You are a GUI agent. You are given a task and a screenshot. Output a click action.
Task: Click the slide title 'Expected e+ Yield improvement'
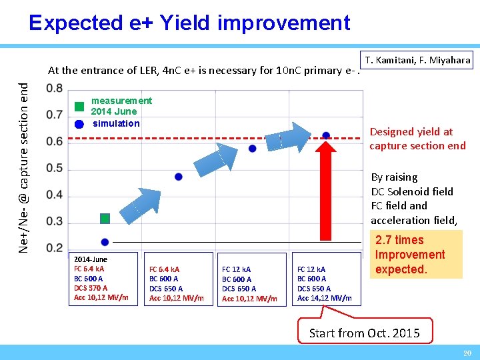[189, 23]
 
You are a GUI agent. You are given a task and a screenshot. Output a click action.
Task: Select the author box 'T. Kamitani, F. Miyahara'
[417, 61]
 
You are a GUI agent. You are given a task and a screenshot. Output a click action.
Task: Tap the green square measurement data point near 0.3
[105, 219]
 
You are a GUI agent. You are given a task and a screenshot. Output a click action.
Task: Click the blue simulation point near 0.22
[105, 241]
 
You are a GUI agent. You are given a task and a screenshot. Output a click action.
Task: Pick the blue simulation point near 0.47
[179, 177]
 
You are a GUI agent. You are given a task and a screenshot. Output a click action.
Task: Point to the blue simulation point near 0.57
[252, 149]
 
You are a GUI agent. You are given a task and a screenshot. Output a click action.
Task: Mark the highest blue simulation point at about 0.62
[326, 135]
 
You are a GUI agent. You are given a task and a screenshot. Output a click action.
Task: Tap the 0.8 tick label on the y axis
[55, 89]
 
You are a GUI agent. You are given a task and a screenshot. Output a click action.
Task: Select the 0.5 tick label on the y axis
[55, 169]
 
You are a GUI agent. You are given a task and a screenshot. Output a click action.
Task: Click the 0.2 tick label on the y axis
[55, 248]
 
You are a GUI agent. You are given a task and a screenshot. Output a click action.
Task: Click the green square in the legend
[79, 106]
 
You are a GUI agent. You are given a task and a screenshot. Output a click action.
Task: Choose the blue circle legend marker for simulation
[79, 123]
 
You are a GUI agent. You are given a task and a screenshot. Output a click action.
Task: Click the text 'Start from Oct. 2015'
[365, 333]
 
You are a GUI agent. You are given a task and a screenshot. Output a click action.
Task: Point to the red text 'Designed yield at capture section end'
[417, 139]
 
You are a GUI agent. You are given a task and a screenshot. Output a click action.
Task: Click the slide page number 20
[467, 353]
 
